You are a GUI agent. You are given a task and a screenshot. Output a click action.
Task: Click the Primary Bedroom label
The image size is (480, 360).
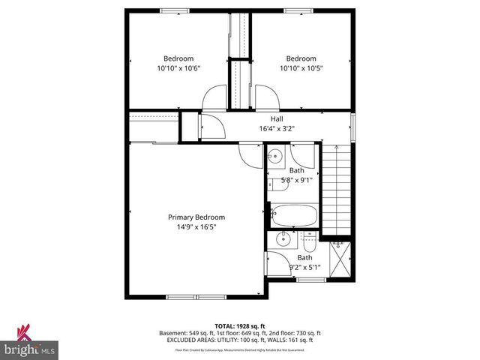pos(196,217)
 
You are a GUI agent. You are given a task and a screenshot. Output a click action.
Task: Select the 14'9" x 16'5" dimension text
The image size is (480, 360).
pos(196,227)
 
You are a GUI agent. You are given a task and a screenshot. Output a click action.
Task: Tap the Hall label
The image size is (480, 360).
pos(277,119)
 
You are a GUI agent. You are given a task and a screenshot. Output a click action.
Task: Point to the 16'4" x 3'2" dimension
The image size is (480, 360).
pos(277,129)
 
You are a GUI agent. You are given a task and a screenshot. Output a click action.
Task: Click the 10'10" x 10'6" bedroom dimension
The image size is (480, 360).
pos(178,68)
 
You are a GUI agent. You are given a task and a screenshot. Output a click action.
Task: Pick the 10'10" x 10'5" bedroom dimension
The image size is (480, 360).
pos(300,68)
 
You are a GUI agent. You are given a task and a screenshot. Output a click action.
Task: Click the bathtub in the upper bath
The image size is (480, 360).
pos(293,214)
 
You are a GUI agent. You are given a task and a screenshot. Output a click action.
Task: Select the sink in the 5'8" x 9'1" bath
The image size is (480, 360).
pos(275,157)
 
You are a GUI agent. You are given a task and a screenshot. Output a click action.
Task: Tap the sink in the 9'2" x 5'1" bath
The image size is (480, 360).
pos(283,239)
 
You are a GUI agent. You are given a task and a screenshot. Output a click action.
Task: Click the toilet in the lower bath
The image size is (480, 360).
pos(309,244)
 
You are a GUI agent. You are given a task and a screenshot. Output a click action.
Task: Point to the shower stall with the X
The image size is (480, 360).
pos(340,257)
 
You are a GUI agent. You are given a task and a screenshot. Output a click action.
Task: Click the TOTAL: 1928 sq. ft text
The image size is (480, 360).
pos(240,325)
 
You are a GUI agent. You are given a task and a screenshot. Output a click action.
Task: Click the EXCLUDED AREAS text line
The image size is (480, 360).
pos(240,340)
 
